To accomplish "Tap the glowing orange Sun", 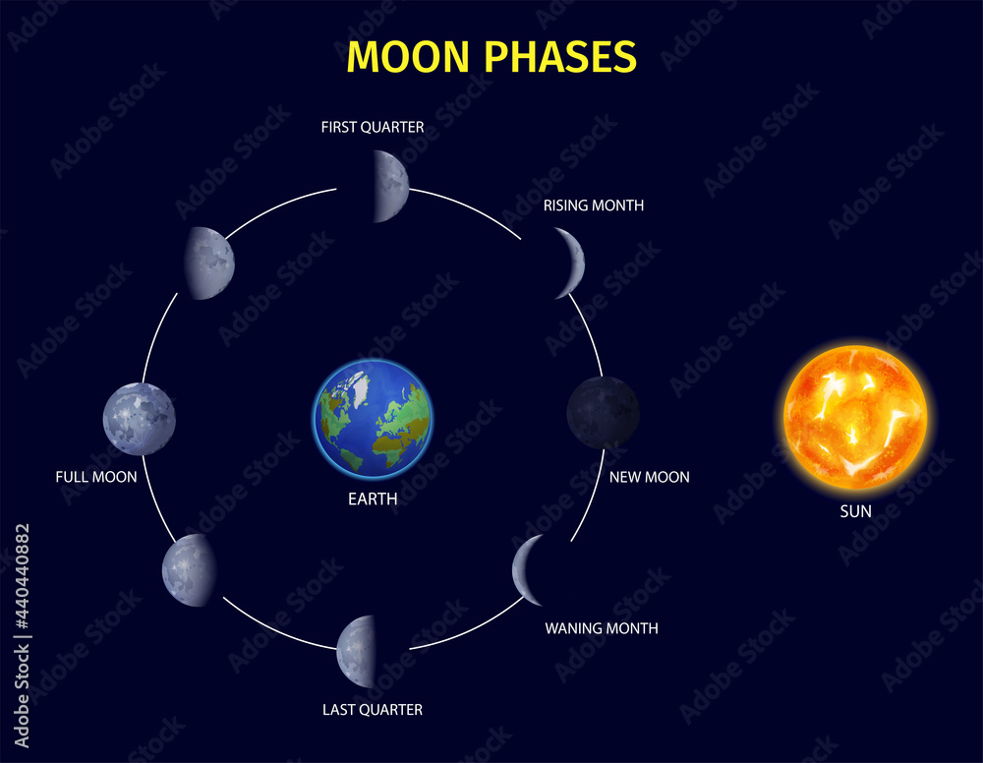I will [x=854, y=417].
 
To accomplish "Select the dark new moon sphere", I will [x=603, y=412].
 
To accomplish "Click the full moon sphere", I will [x=140, y=419].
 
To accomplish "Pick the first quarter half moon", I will [x=391, y=187].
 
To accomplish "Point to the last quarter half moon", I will [x=357, y=651].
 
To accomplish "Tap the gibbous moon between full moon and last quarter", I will [x=189, y=570].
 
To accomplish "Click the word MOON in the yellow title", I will [x=405, y=57].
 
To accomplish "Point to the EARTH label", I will [x=373, y=499].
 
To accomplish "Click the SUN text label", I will [x=854, y=511].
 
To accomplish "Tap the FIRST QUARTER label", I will [x=373, y=127].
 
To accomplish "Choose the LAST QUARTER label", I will [x=373, y=709].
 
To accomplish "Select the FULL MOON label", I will [x=96, y=477].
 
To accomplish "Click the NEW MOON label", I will [x=650, y=477].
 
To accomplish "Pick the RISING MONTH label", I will [x=594, y=205].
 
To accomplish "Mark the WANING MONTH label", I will [x=602, y=628].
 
